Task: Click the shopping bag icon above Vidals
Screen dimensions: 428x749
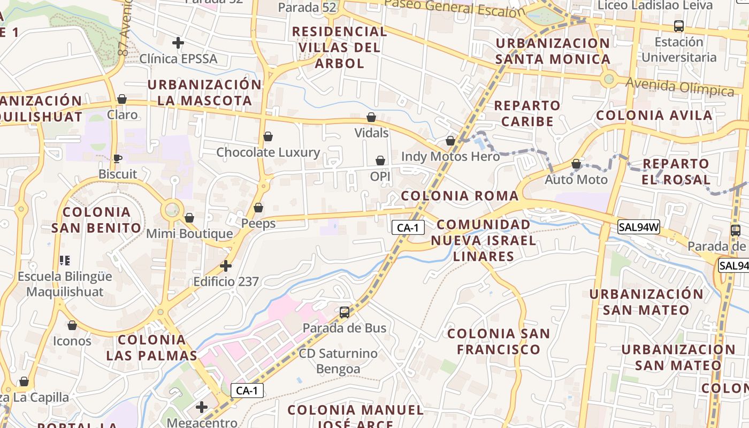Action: [371, 117]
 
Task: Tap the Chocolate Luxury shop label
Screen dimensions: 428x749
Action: [268, 152]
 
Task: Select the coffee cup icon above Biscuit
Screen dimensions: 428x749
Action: [118, 158]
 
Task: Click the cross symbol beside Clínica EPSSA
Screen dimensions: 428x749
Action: [178, 42]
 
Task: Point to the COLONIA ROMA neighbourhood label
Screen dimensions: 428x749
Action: [460, 196]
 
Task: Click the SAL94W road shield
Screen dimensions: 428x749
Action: [638, 227]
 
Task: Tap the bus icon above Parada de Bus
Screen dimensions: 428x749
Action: [345, 312]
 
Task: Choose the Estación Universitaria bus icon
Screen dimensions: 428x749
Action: [678, 26]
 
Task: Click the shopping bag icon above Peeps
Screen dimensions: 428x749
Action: [258, 208]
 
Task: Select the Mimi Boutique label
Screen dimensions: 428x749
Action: [189, 234]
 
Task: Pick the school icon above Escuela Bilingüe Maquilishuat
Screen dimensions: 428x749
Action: [65, 261]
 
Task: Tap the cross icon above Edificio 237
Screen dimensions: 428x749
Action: [226, 265]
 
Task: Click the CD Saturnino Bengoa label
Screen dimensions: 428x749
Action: [338, 361]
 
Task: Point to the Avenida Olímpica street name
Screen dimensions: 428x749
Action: [679, 87]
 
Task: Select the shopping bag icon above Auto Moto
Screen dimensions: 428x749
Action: [576, 164]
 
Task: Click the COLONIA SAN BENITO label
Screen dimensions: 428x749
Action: [96, 220]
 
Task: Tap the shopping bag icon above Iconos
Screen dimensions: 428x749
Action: [72, 325]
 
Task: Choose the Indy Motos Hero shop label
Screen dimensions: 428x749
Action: [450, 156]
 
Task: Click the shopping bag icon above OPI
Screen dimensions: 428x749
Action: [380, 160]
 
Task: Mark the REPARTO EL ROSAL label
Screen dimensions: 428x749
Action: [676, 171]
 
